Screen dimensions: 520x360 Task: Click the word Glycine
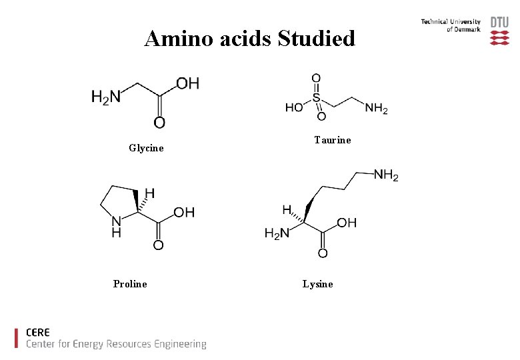pyautogui.click(x=146, y=148)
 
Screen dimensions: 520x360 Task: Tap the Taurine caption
pyautogui.click(x=332, y=140)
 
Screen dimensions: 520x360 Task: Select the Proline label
pyautogui.click(x=130, y=284)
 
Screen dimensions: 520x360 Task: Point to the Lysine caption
pyautogui.click(x=317, y=284)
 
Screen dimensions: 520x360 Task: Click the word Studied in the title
pyautogui.click(x=316, y=39)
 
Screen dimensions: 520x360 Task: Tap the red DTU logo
pyautogui.click(x=499, y=31)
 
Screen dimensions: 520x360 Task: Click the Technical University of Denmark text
pyautogui.click(x=451, y=26)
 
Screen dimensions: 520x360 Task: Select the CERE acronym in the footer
pyautogui.click(x=38, y=332)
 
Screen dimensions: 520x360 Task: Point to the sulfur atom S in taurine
pyautogui.click(x=317, y=97)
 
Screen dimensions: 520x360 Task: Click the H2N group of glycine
pyautogui.click(x=106, y=98)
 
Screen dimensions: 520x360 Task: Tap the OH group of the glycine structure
pyautogui.click(x=187, y=83)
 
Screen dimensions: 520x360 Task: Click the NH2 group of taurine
pyautogui.click(x=376, y=107)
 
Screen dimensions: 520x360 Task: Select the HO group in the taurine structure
pyautogui.click(x=294, y=107)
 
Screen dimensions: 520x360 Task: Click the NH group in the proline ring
pyautogui.click(x=117, y=227)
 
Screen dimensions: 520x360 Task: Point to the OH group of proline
pyautogui.click(x=183, y=212)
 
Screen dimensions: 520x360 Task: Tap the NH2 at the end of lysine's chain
pyautogui.click(x=386, y=175)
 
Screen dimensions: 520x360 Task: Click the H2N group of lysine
pyautogui.click(x=277, y=233)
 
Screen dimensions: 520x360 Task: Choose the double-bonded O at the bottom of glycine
pyautogui.click(x=159, y=122)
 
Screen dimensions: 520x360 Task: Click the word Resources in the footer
pyautogui.click(x=125, y=344)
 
